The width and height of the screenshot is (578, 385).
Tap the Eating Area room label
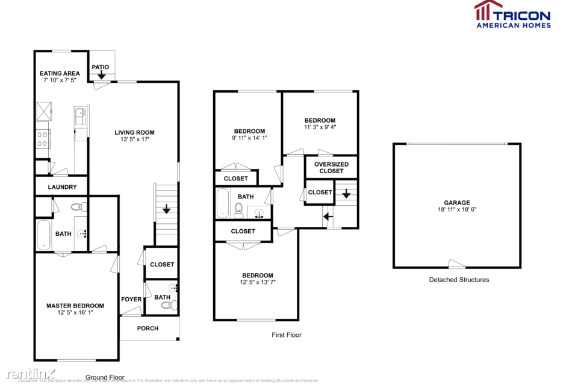tap(60, 73)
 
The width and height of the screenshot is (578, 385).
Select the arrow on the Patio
tap(101, 75)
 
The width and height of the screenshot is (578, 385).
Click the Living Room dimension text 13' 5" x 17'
tap(134, 140)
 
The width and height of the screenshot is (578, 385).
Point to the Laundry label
tap(62, 187)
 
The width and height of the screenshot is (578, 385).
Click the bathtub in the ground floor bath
tap(43, 235)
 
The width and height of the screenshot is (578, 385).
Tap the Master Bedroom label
tap(75, 306)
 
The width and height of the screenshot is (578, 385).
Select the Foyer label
tap(131, 299)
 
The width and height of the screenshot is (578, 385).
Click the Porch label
tap(148, 328)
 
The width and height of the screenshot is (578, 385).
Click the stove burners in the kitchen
tap(43, 140)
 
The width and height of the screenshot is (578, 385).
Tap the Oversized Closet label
tap(331, 167)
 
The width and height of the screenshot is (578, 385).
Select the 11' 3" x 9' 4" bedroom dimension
tap(320, 127)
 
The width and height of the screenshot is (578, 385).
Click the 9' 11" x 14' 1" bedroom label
tap(249, 131)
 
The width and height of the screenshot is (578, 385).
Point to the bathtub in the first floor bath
tap(222, 203)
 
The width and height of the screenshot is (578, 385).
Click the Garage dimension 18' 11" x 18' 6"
tap(457, 210)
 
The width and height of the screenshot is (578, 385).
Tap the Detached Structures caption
tap(459, 280)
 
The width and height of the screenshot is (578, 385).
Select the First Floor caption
tap(287, 335)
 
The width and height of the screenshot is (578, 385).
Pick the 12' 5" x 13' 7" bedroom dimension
tap(257, 282)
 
